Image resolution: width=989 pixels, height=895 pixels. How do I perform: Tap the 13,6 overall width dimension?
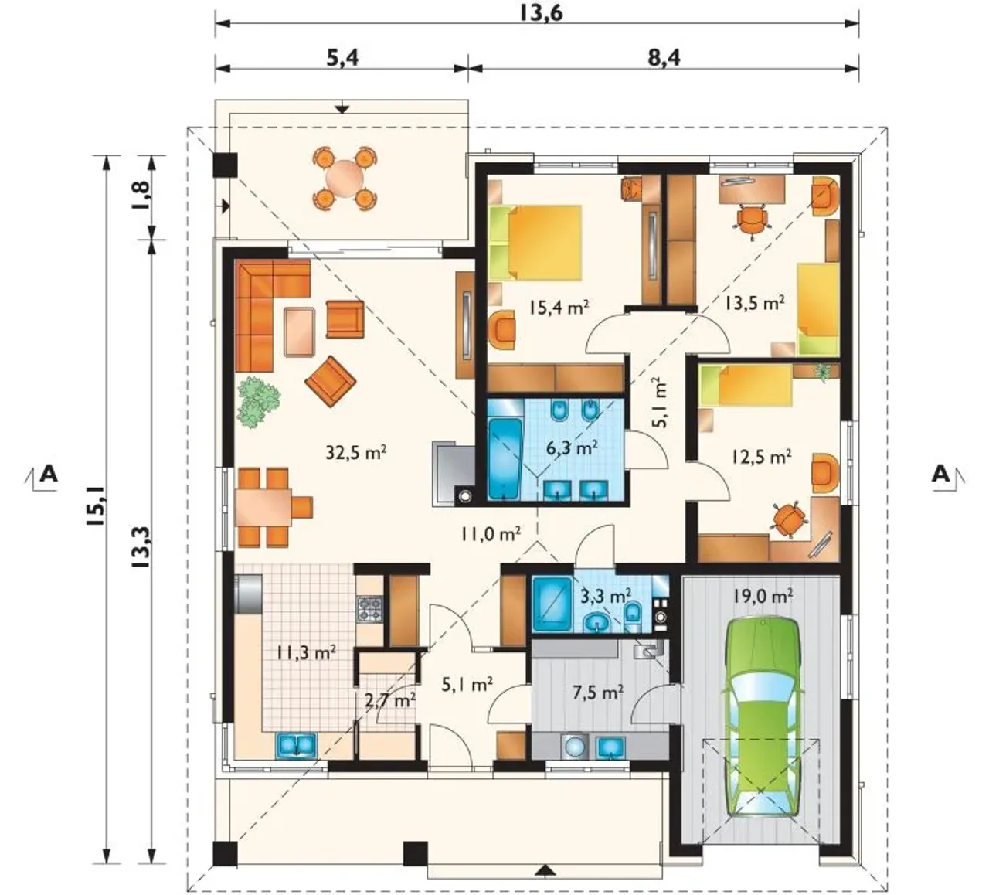541,13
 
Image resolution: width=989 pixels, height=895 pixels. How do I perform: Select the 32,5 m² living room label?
356,452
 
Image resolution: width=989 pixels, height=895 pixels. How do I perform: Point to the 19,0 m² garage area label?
762,596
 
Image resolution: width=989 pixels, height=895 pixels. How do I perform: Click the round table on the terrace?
345,178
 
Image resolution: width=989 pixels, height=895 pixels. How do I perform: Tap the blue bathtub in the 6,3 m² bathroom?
505,458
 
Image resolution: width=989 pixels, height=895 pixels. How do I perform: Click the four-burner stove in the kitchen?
370,610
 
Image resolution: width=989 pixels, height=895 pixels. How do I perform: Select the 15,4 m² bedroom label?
559,308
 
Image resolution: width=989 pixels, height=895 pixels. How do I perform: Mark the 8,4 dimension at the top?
664,58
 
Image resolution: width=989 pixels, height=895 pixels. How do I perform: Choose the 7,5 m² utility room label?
597,693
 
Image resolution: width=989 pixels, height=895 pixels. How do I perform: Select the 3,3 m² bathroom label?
606,597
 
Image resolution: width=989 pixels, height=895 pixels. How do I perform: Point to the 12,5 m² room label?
761,457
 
